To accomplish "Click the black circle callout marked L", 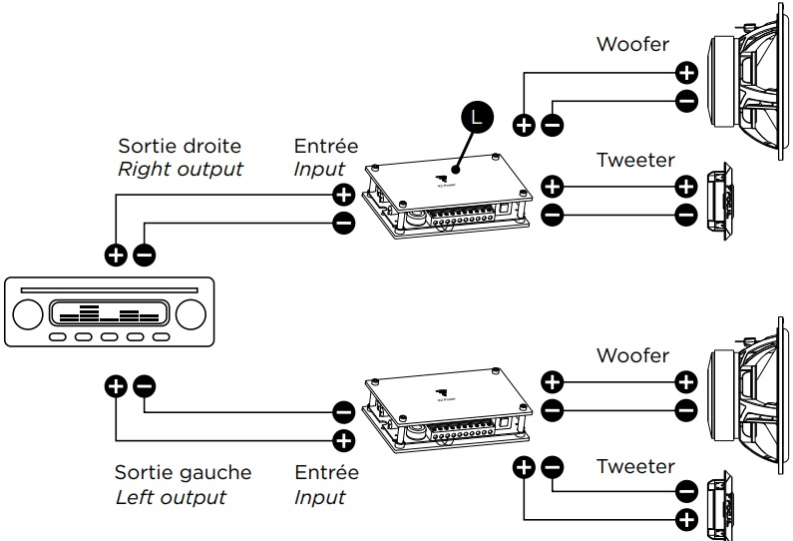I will coord(476,117).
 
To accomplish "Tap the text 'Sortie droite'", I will coord(180,146).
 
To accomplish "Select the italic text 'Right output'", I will coord(180,169).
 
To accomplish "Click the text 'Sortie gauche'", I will coord(183,472).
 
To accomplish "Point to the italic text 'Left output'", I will coord(170,496).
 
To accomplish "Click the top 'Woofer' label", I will coord(633,44).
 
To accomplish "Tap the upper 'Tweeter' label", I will coord(635,159).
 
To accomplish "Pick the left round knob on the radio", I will coord(27,314).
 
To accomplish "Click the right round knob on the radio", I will coord(190,314).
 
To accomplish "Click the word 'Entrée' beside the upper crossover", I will coord(325,147).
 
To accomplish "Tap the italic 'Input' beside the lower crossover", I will coord(319,496).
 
